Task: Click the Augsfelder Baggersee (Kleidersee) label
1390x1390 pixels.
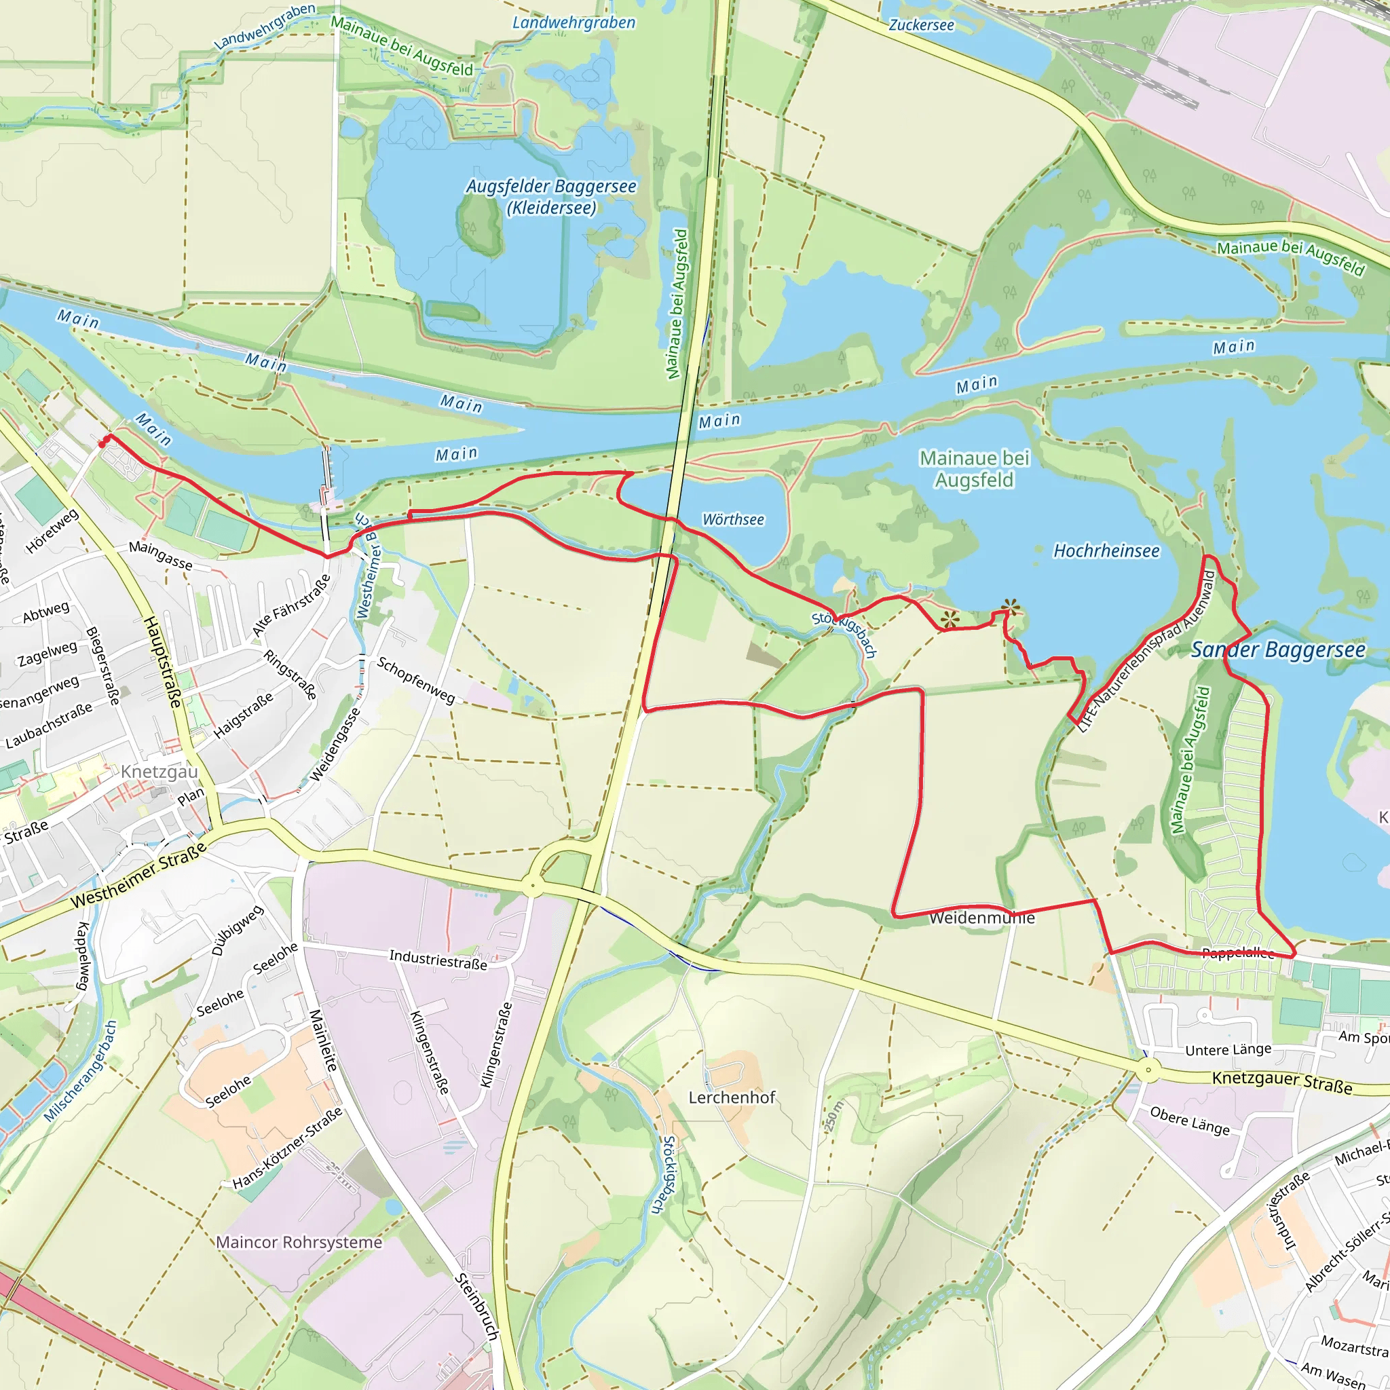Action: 551,197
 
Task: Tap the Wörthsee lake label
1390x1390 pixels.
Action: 733,519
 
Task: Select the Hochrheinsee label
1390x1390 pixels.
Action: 1106,551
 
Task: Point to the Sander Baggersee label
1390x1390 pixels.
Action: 1279,650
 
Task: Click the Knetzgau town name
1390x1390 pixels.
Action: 159,772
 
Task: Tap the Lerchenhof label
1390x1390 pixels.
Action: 732,1097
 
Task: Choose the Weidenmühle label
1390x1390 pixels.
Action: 981,918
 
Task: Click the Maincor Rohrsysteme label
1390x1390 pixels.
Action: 299,1243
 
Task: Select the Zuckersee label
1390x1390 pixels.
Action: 921,25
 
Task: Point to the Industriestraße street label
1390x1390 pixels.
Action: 438,959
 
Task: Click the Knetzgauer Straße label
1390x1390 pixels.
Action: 1282,1082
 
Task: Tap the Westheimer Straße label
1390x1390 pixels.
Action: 139,874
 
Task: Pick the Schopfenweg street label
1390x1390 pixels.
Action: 416,680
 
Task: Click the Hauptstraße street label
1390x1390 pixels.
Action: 164,661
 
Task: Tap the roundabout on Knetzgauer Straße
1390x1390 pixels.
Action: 1148,1070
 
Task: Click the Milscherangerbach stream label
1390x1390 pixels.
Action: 81,1071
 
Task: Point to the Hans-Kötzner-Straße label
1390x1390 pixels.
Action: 287,1148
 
